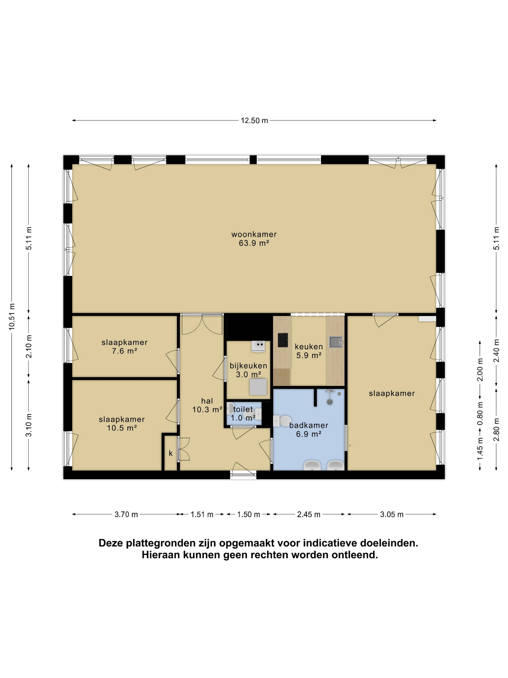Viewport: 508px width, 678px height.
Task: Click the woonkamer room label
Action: click(254, 239)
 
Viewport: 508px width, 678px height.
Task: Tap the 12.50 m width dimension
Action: click(254, 121)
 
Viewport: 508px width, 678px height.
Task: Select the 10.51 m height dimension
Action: click(12, 317)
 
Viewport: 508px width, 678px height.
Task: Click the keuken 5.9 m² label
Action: click(309, 351)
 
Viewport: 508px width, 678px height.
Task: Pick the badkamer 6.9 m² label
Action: click(309, 429)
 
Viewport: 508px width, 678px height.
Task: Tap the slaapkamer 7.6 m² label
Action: click(124, 347)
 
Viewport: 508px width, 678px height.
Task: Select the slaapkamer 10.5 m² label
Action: click(122, 424)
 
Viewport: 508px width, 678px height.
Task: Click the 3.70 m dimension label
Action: click(126, 514)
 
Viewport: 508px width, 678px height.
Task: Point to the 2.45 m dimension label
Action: click(309, 514)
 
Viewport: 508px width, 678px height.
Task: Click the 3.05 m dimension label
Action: click(392, 514)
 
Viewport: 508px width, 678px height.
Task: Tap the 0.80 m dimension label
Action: click(480, 413)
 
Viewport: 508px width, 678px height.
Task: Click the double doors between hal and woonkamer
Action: click(202, 324)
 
